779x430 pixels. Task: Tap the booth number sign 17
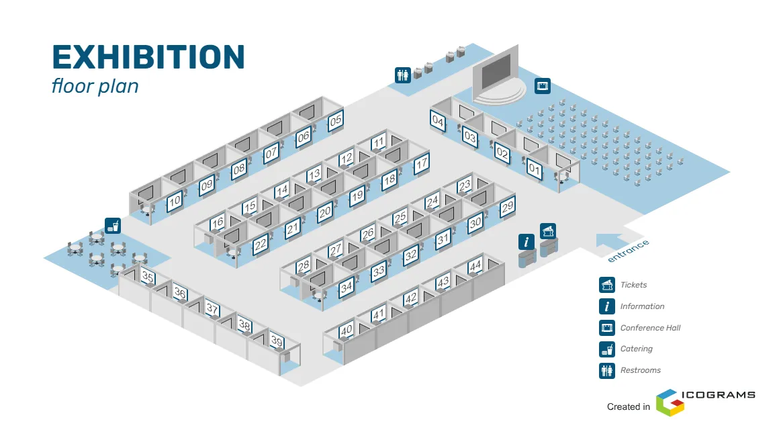coord(421,163)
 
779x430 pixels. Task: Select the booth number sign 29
coord(508,207)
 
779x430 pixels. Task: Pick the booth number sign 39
coord(277,341)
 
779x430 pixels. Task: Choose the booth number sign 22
coord(261,244)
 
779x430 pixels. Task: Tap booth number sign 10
coord(175,200)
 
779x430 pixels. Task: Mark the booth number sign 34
coord(347,288)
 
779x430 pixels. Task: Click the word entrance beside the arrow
coord(629,251)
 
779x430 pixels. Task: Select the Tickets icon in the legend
coord(607,285)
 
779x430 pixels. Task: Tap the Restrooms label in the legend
coord(640,370)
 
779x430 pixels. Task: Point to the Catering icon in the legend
coord(607,349)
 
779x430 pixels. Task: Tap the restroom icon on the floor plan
coord(403,75)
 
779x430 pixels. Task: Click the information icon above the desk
coord(526,242)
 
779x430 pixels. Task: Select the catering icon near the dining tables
coord(112,225)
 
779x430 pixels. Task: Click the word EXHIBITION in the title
coord(148,57)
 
